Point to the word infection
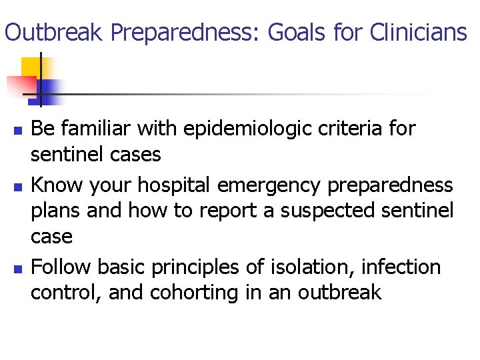coord(401,267)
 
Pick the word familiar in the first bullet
coord(95,127)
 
